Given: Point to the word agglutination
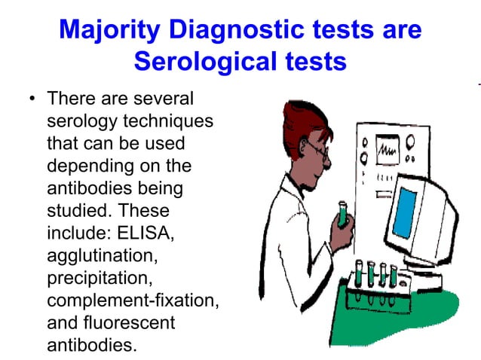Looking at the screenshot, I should [x=102, y=258].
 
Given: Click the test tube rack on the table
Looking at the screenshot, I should [x=374, y=282].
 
